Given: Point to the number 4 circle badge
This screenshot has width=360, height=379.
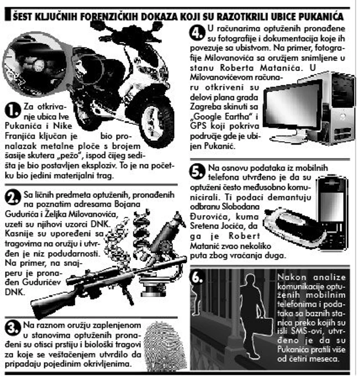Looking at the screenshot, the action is pos(197,32).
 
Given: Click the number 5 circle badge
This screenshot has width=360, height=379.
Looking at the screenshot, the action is pos(197,172).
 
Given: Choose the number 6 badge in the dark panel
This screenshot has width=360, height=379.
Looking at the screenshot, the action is pos(197,277).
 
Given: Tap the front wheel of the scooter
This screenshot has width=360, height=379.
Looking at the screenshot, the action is pos(157,121).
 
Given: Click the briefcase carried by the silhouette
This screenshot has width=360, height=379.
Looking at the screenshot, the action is pos(263,325).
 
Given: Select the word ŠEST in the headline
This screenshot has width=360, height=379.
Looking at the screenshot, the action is pos(23,17).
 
